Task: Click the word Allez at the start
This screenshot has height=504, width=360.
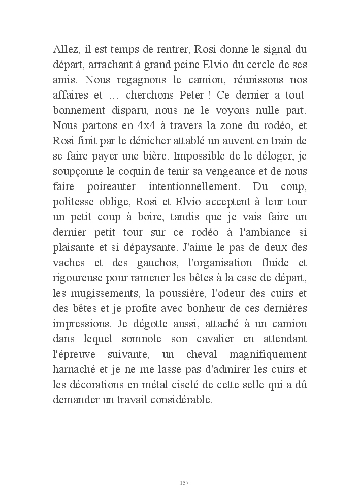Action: [65, 51]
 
